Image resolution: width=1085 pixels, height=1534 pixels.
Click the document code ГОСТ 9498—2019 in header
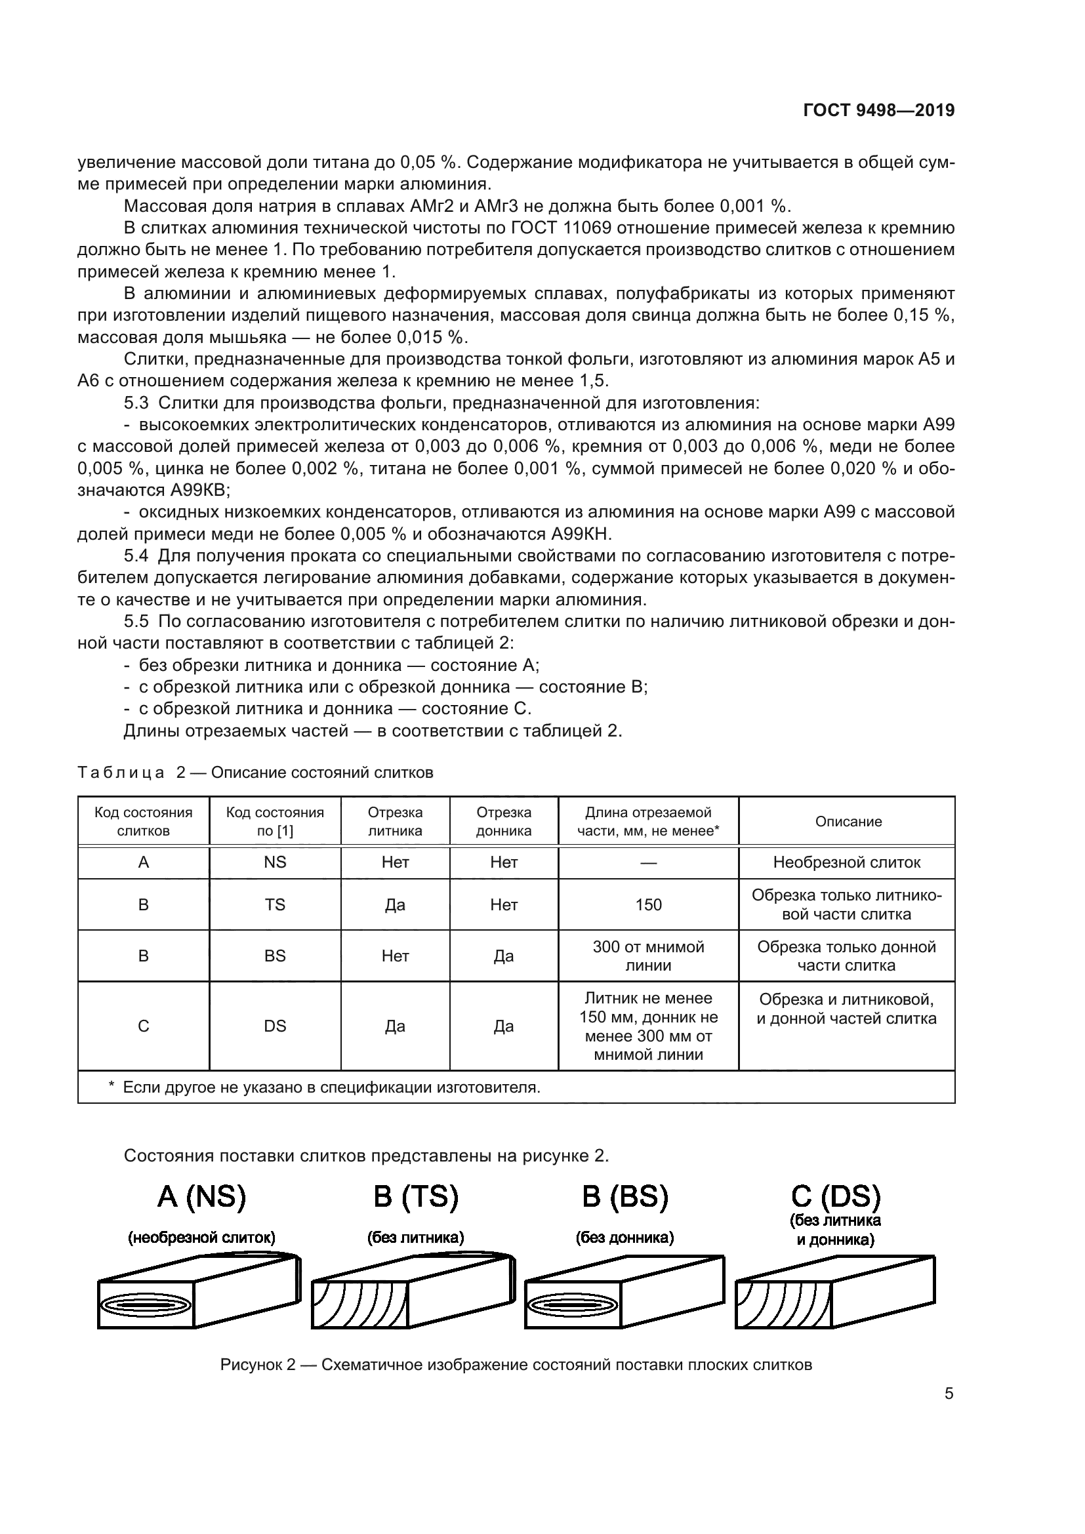coord(878,111)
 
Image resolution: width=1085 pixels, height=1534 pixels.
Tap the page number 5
coord(949,1394)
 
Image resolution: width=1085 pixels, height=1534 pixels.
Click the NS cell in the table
coord(275,862)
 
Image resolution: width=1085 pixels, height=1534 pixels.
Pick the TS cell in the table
coord(275,904)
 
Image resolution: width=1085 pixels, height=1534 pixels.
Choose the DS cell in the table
coord(275,1026)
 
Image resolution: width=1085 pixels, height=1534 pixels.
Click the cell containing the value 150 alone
coord(648,904)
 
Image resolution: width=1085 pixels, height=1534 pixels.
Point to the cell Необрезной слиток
coord(846,862)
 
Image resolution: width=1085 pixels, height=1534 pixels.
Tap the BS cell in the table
coord(275,956)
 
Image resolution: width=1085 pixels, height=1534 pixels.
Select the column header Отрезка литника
coord(395,822)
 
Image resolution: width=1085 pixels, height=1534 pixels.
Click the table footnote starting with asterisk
coord(325,1087)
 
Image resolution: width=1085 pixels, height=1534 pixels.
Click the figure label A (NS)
coord(202,1197)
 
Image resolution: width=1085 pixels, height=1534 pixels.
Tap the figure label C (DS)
coord(835,1197)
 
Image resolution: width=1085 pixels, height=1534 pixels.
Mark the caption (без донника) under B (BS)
coord(624,1238)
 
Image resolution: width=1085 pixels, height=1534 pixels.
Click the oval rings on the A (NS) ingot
coord(146,1304)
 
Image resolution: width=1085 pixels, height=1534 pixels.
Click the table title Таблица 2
coord(255,773)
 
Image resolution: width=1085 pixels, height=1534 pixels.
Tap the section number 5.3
coord(139,403)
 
